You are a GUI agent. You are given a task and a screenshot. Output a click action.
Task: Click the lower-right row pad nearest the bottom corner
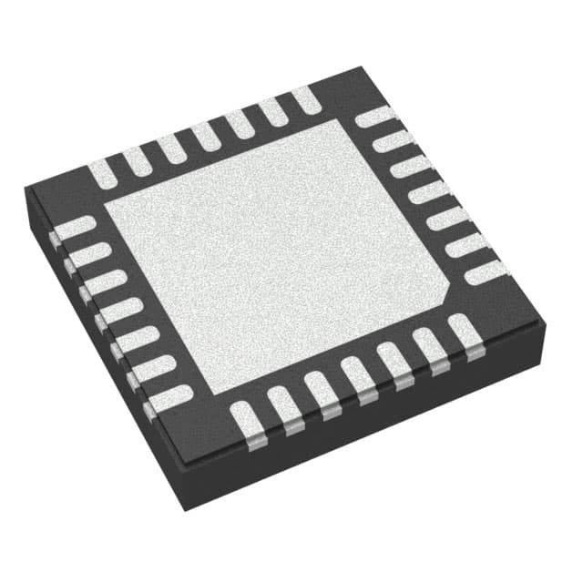tap(246, 418)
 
